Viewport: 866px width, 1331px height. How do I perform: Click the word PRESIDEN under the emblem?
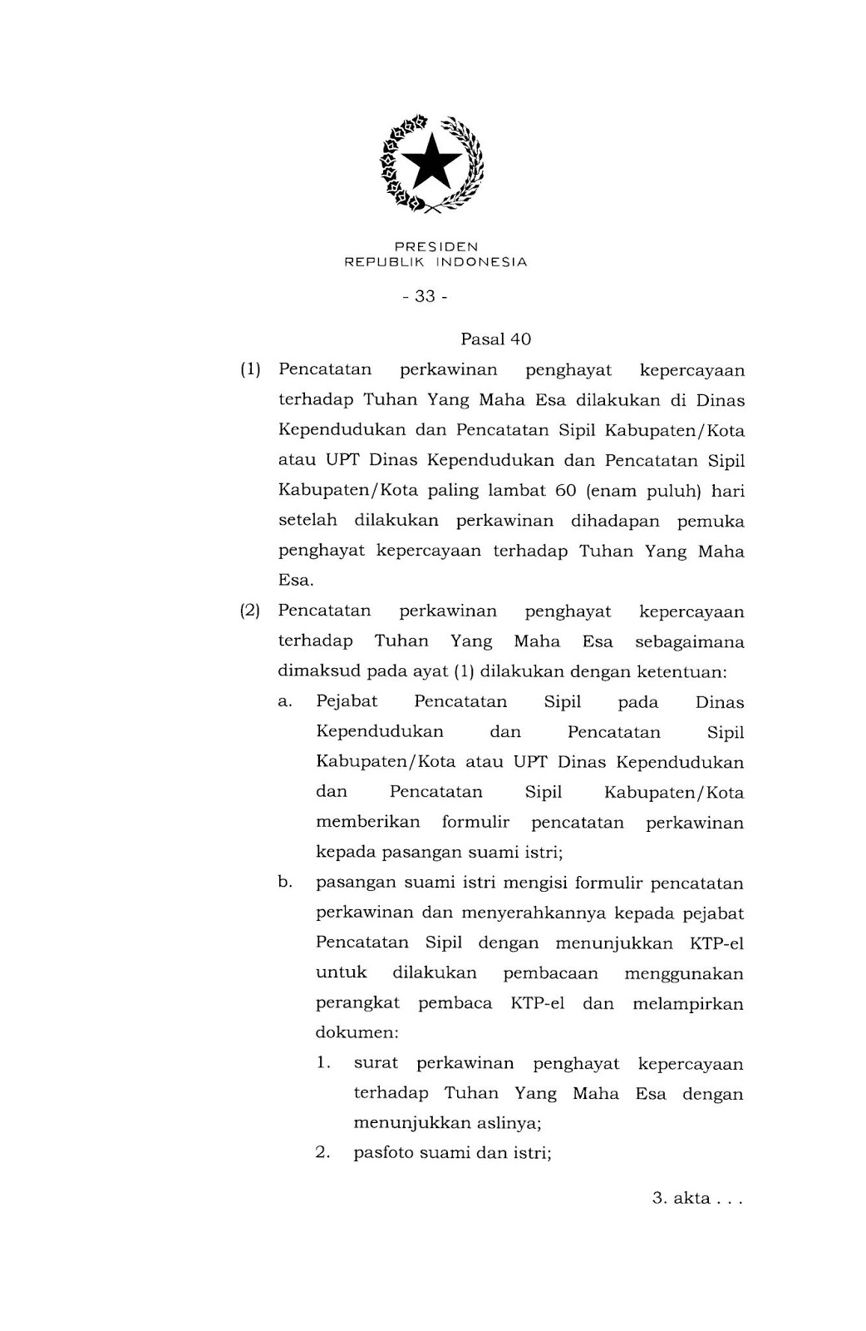point(436,247)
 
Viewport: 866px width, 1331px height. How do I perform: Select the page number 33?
point(425,296)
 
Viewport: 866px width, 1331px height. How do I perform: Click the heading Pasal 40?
point(495,339)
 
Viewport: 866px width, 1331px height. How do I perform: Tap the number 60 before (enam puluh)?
point(565,491)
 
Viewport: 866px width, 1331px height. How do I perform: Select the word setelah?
point(308,522)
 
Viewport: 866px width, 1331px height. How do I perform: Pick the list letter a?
point(285,702)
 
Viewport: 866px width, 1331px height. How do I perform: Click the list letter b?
point(285,883)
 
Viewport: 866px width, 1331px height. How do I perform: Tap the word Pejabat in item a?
point(347,703)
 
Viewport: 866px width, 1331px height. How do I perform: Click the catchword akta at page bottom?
point(692,1199)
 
